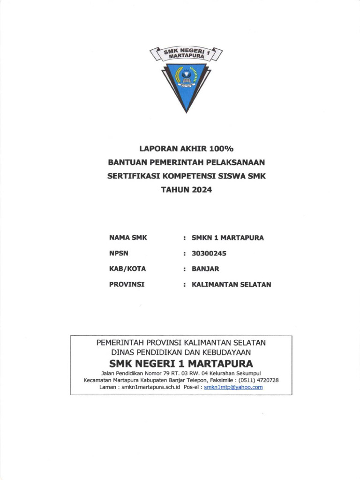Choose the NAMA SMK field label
click(128, 238)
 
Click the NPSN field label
click(119, 254)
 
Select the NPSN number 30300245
click(209, 254)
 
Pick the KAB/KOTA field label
click(127, 269)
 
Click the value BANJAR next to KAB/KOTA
click(205, 269)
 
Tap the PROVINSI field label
click(127, 285)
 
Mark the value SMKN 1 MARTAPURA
click(228, 238)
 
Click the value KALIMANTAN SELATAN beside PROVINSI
click(232, 285)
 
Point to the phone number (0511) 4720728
click(259, 380)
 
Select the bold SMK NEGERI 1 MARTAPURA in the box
click(181, 364)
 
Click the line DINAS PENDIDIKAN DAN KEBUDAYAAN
click(181, 352)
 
